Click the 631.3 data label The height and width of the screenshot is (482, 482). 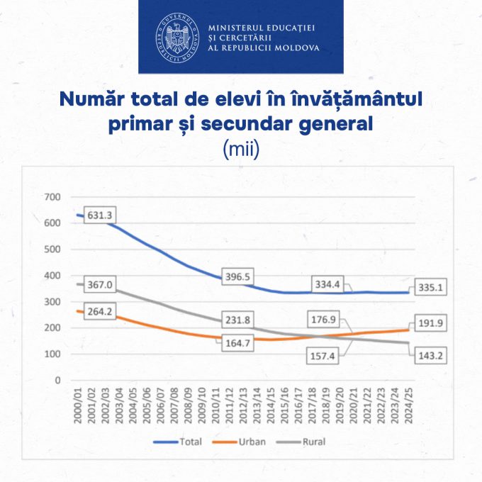pos(100,216)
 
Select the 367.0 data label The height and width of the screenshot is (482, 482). pos(100,284)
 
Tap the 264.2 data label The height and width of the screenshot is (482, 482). pos(100,310)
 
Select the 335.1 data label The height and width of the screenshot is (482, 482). pos(431,288)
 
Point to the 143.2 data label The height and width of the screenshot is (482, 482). pos(431,356)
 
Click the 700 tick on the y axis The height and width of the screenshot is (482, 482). pos(53,197)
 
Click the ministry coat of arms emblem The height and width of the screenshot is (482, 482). pos(177,38)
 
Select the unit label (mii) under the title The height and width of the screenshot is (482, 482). pos(241,150)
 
